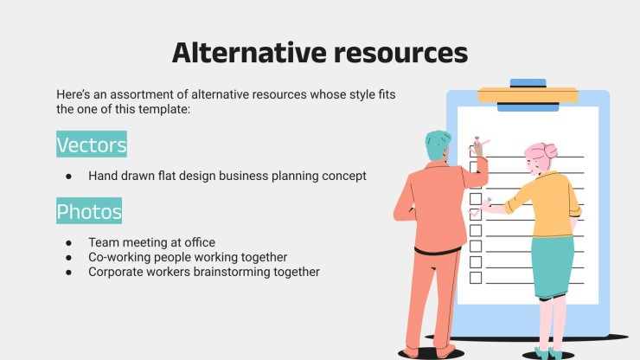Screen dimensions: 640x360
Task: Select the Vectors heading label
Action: (x=92, y=145)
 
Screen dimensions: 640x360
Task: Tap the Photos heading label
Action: (x=89, y=211)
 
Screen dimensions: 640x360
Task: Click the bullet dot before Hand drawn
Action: (x=68, y=177)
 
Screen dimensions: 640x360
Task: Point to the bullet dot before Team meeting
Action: (x=68, y=243)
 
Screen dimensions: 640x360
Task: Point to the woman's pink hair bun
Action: (x=550, y=151)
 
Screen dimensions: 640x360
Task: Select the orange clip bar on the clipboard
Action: (x=528, y=95)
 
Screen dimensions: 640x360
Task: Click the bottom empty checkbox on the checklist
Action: (x=476, y=278)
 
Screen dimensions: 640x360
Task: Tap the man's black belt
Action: (x=437, y=250)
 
